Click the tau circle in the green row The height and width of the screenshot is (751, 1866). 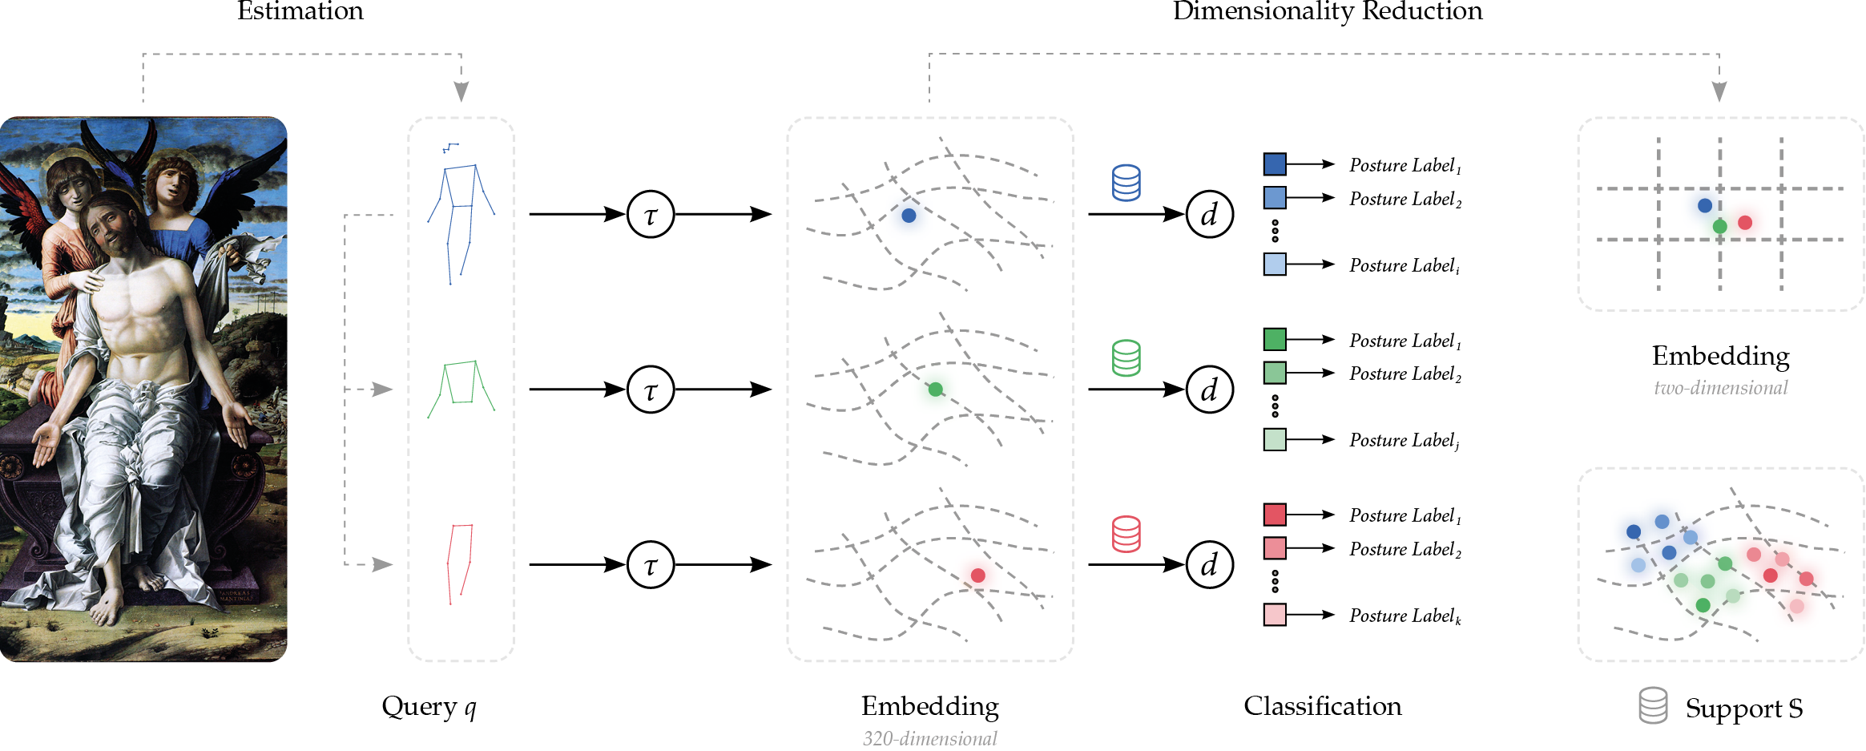pyautogui.click(x=651, y=390)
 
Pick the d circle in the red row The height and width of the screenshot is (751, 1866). pyautogui.click(x=1209, y=564)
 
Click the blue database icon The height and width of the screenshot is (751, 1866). pyautogui.click(x=1126, y=183)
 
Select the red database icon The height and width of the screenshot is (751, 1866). pyautogui.click(x=1126, y=534)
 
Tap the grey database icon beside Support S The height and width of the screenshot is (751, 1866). pyautogui.click(x=1653, y=705)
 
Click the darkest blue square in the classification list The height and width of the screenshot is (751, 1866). pyautogui.click(x=1275, y=164)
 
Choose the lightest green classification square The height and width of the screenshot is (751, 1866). pyautogui.click(x=1275, y=439)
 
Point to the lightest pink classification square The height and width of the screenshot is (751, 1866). pyautogui.click(x=1275, y=615)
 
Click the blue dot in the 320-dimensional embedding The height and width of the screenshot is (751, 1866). pyautogui.click(x=909, y=216)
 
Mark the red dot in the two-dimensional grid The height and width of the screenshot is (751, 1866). pyautogui.click(x=1745, y=223)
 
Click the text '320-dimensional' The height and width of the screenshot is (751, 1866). pyautogui.click(x=929, y=738)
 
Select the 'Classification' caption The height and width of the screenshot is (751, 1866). pyautogui.click(x=1322, y=706)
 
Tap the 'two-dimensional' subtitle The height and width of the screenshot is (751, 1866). pyautogui.click(x=1720, y=388)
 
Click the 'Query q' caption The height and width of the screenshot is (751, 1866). pyautogui.click(x=429, y=706)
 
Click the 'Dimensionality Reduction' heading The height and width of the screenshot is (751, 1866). pyautogui.click(x=1328, y=11)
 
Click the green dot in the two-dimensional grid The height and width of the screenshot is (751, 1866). pyautogui.click(x=1719, y=227)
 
